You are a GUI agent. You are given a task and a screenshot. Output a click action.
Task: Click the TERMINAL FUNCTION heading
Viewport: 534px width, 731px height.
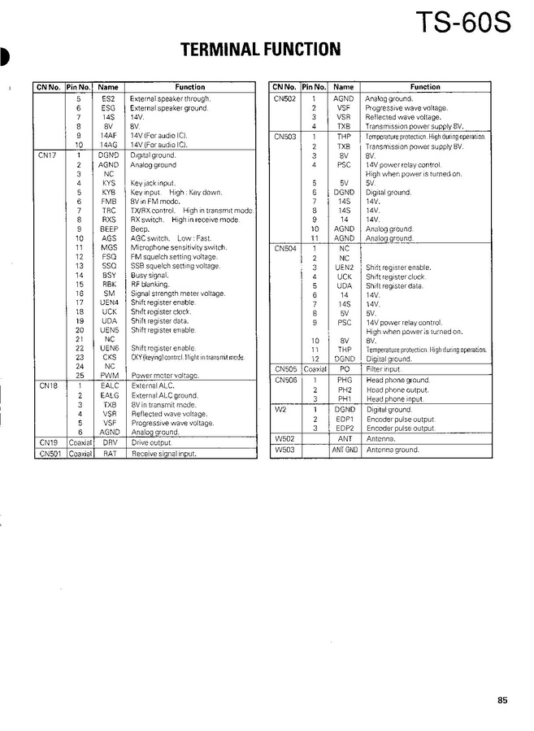coord(260,50)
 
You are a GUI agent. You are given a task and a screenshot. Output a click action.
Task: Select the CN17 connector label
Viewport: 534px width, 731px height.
coord(47,154)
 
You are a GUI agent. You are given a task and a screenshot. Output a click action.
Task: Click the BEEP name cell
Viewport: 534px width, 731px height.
coord(108,229)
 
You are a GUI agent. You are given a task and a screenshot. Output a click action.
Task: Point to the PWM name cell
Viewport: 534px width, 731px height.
coord(108,376)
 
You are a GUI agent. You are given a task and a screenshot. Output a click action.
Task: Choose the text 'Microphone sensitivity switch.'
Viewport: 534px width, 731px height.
coord(179,247)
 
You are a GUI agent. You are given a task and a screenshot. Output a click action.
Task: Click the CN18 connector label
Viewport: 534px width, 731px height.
coord(47,385)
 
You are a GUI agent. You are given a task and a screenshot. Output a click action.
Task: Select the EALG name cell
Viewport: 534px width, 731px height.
coord(108,395)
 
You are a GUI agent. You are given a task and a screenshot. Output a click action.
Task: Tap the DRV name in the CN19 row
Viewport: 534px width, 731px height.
coord(108,442)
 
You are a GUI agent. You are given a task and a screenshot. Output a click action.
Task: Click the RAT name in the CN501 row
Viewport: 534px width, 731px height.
coord(108,454)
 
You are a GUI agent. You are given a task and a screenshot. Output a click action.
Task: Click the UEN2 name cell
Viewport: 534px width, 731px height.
coord(344,267)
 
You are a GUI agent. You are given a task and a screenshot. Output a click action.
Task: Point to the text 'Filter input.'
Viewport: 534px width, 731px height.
coord(384,368)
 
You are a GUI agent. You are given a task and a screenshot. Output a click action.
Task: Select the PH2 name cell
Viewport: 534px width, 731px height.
coord(344,389)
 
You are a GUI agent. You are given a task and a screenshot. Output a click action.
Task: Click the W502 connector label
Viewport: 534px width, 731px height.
coord(284,438)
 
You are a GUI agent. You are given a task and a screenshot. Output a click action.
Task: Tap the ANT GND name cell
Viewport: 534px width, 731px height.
coord(344,450)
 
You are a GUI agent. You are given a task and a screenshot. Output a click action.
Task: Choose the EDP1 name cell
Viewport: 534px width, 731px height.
coord(344,420)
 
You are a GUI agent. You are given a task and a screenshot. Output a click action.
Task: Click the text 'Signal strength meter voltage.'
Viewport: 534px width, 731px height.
coord(178,294)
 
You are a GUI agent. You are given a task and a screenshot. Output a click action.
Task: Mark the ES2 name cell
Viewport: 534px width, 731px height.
coord(108,98)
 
